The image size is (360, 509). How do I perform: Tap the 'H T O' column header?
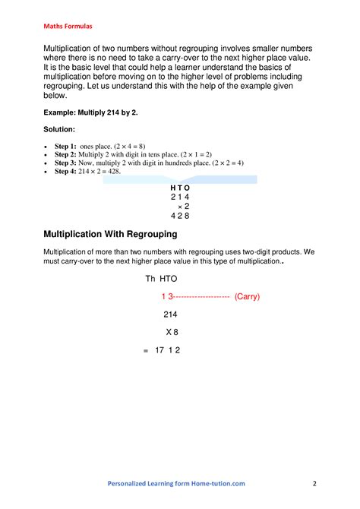pyautogui.click(x=180, y=188)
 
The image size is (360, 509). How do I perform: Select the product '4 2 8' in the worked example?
pyautogui.click(x=180, y=216)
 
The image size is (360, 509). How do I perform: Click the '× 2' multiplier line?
pyautogui.click(x=183, y=206)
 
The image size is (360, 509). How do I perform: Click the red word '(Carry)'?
pyautogui.click(x=248, y=297)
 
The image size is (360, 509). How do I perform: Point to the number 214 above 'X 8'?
pyautogui.click(x=171, y=314)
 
